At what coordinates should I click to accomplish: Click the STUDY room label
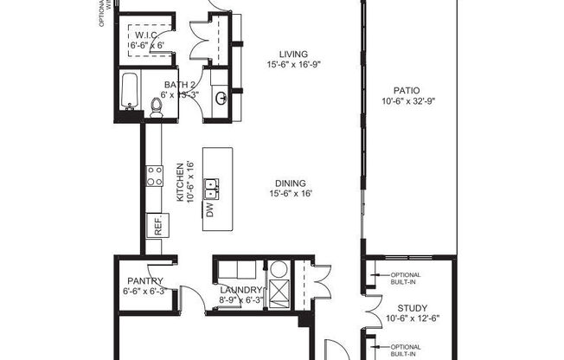(412, 308)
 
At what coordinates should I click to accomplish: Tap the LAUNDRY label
(240, 290)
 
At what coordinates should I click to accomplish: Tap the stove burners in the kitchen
(155, 177)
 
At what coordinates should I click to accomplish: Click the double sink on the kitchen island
(210, 184)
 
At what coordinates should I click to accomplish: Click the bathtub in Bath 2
(130, 93)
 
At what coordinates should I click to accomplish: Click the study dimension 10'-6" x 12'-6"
(412, 319)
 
